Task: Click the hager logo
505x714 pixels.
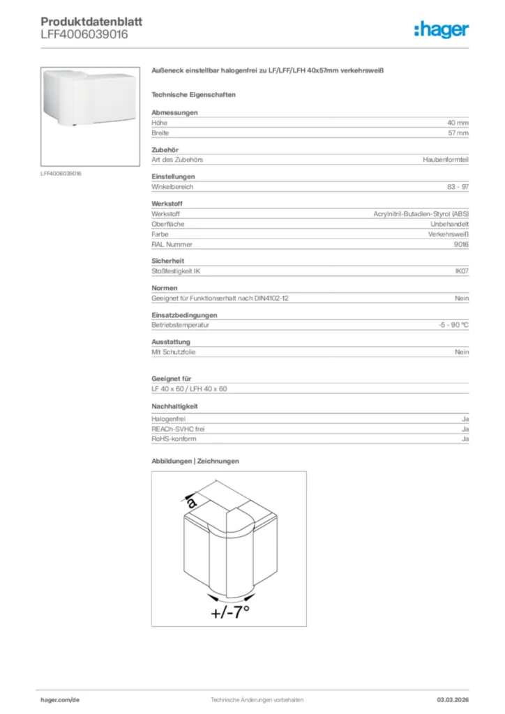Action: [441, 29]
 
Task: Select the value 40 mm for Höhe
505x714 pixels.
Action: [458, 122]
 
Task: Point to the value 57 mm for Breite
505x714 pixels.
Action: [458, 132]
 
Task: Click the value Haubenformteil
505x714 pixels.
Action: [445, 160]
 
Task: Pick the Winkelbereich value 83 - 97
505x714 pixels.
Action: [458, 187]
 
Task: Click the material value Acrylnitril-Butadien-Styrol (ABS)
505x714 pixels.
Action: [421, 214]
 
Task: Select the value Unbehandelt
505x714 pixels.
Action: [449, 225]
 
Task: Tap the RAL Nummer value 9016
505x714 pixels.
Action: [461, 245]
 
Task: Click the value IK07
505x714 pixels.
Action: [461, 271]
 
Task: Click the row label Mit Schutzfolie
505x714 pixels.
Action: [174, 352]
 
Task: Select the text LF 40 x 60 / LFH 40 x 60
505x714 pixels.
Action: [189, 388]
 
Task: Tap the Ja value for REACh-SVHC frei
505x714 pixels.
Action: [465, 430]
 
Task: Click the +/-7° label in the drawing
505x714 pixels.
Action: [229, 612]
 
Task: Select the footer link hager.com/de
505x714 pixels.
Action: [61, 699]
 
